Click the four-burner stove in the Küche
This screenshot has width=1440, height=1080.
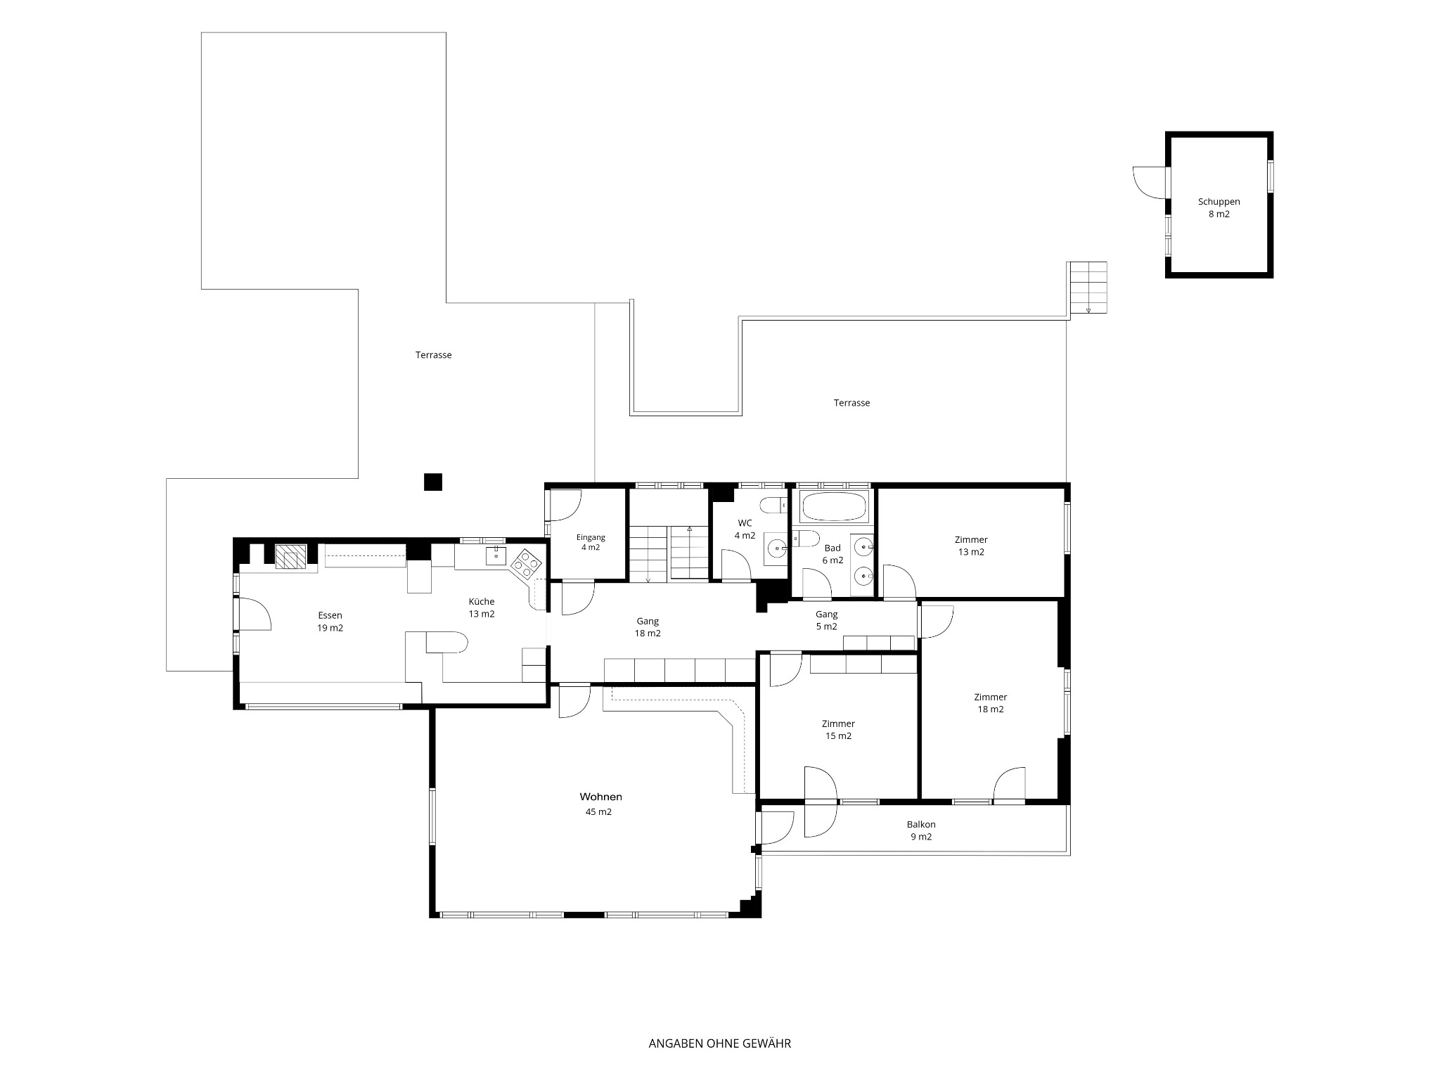click(527, 564)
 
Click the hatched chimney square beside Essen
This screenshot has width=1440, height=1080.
click(290, 557)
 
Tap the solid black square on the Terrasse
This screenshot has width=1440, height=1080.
click(432, 482)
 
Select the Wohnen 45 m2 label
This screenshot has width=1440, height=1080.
click(600, 804)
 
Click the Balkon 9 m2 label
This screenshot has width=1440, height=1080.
click(921, 830)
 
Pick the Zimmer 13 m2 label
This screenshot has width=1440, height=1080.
click(971, 546)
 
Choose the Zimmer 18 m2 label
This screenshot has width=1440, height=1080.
click(990, 703)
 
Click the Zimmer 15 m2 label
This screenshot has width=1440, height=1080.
click(838, 730)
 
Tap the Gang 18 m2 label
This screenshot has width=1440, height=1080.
click(648, 627)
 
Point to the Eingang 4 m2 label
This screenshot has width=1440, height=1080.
click(591, 542)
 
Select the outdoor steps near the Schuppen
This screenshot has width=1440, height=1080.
click(1088, 288)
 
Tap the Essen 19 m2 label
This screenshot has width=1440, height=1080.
click(330, 622)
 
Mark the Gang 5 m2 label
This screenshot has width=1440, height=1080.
click(826, 620)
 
